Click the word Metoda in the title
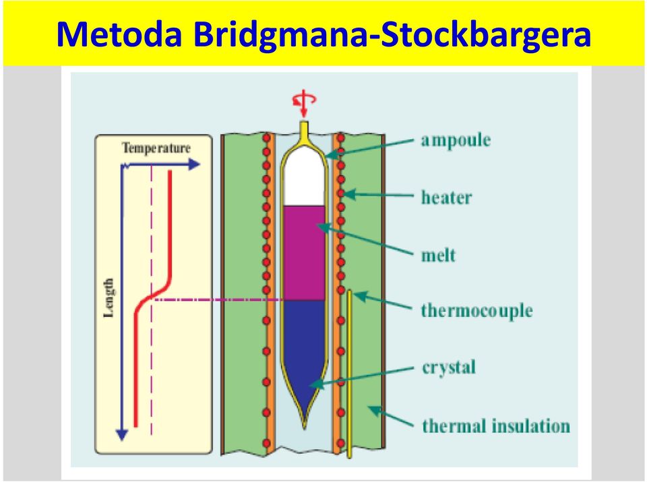pos(119,34)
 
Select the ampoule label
pos(456,141)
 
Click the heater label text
pos(446,197)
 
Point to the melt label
pos(438,256)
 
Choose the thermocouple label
pos(476,311)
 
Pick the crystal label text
pos(449,368)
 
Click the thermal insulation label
pos(496,425)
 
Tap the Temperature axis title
pos(156,148)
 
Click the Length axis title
pos(109,298)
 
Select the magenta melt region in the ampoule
pos(305,252)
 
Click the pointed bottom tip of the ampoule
pos(305,428)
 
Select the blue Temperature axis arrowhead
pos(194,165)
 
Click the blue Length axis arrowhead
pos(122,435)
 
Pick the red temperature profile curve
pos(152,298)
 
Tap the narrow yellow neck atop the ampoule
pos(304,129)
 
